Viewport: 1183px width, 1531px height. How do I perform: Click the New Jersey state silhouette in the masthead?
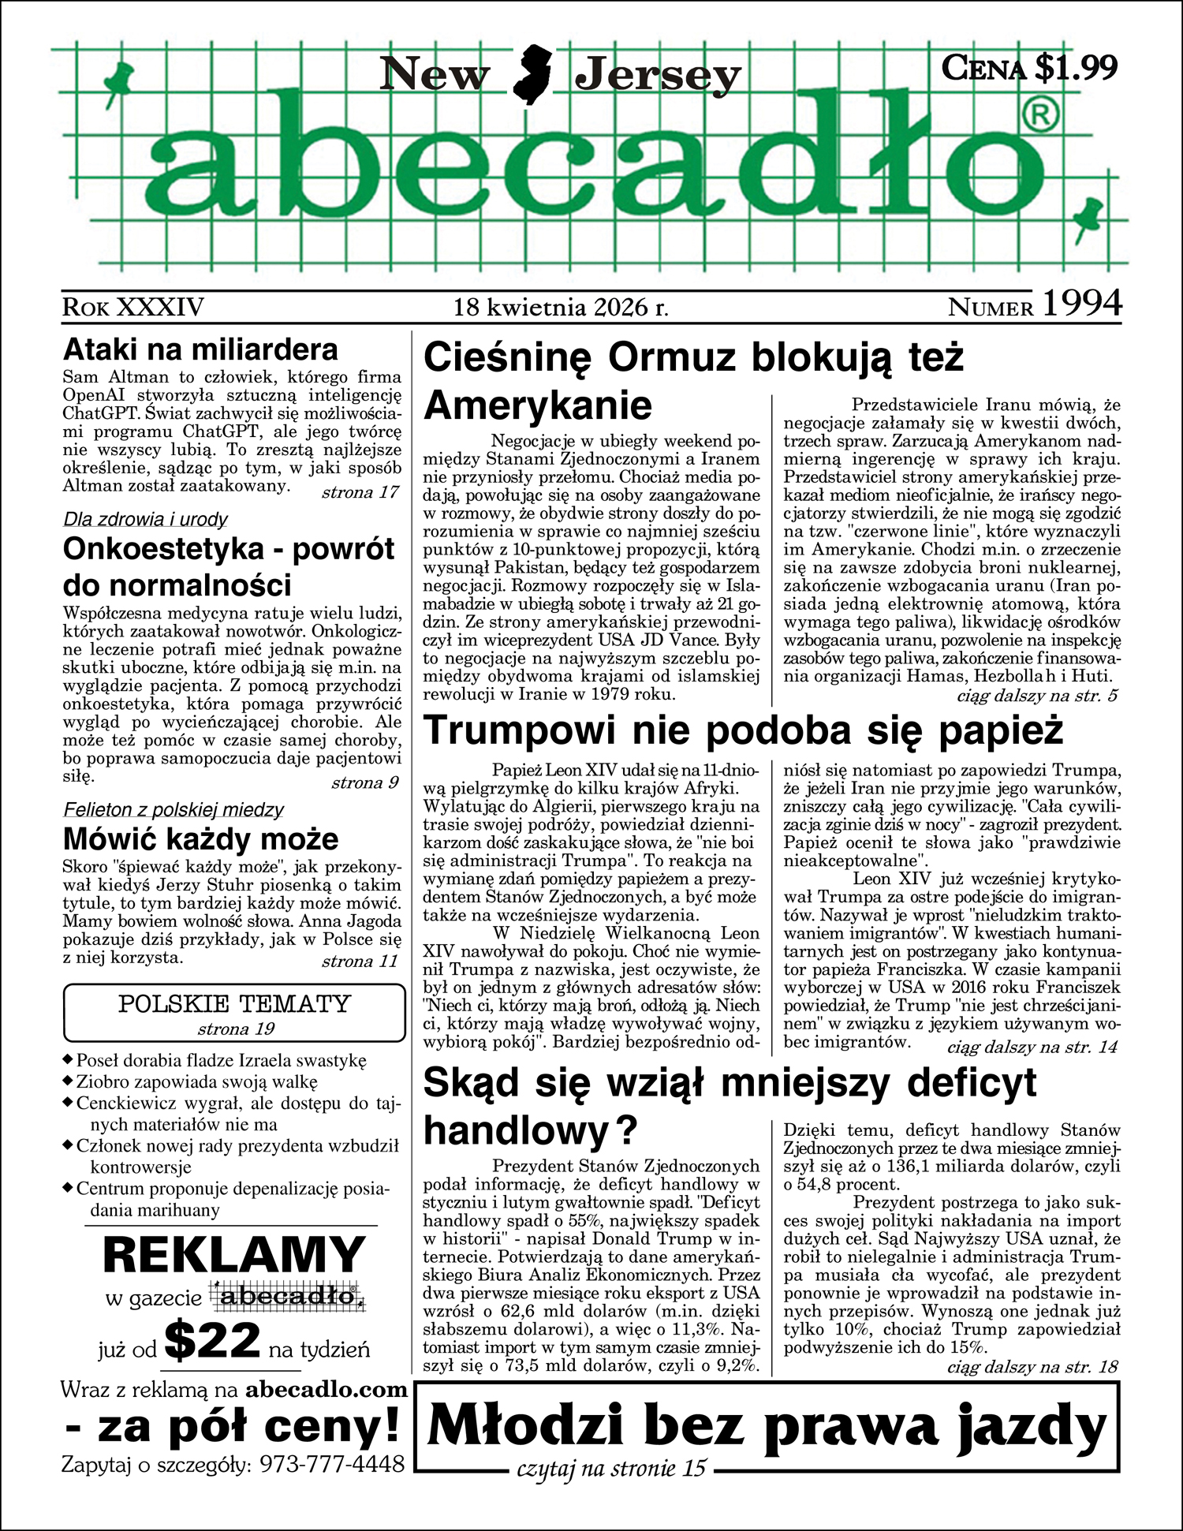533,75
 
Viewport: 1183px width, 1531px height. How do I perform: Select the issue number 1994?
1081,304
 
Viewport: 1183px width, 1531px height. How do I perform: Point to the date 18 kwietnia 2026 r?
561,307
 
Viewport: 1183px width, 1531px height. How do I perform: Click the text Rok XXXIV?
133,307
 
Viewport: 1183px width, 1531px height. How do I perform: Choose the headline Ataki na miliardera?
200,349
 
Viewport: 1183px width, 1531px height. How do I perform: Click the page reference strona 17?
360,493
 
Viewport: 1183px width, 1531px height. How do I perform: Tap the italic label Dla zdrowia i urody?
145,519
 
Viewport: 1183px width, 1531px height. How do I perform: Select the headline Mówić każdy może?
200,838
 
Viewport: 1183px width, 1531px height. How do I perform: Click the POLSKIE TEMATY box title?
234,1004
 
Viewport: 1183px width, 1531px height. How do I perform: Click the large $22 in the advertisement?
213,1340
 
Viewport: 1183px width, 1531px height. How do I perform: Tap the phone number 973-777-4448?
332,1464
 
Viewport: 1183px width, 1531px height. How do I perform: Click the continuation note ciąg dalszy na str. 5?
1037,696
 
